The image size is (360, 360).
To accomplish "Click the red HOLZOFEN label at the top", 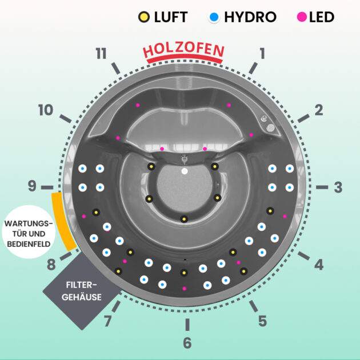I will tap(183, 51).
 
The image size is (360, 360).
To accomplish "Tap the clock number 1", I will tap(262, 54).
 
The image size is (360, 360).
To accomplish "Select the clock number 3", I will tap(338, 187).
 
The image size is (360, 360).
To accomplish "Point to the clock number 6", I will tap(187, 343).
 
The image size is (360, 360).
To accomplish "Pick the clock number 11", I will tap(101, 54).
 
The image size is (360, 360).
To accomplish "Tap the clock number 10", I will tap(46, 110).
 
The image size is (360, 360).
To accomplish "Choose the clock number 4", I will tap(318, 265).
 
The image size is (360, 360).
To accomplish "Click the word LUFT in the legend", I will tap(170, 17).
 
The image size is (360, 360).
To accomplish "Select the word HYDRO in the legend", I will tap(250, 17).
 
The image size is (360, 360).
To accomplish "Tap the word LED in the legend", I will tap(321, 17).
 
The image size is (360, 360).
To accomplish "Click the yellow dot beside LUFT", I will tap(144, 17).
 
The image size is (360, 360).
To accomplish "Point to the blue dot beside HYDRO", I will tap(214, 17).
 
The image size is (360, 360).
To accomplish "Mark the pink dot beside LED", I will tap(301, 17).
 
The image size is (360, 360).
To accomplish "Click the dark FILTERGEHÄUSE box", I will tap(83, 290).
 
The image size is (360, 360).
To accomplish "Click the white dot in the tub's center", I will tap(184, 171).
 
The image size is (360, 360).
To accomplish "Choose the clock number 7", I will tap(107, 321).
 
